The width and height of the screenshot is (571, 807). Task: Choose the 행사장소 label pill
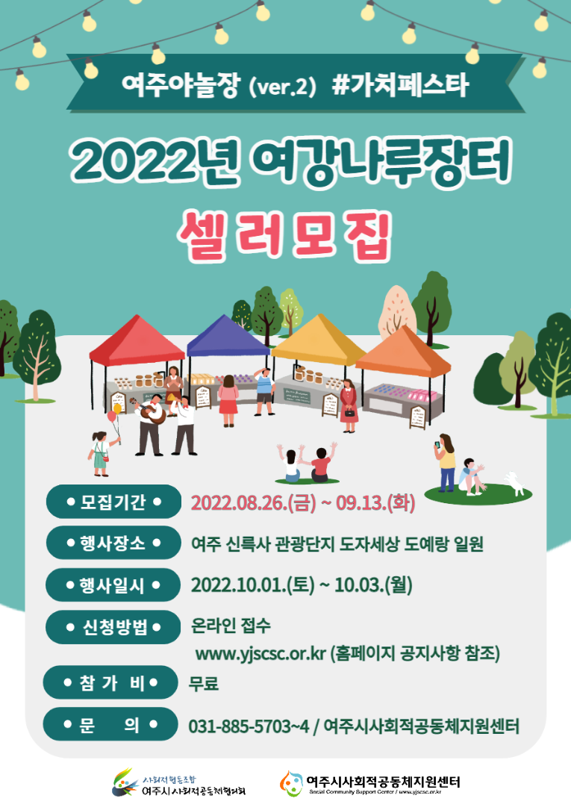tap(113, 543)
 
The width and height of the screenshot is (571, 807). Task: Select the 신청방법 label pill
tap(113, 627)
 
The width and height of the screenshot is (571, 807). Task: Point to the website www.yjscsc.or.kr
tap(260, 655)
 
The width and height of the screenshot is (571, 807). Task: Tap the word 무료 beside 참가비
tap(204, 683)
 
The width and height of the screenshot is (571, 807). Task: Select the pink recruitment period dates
tap(303, 502)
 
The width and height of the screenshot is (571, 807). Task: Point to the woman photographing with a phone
tap(446, 461)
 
